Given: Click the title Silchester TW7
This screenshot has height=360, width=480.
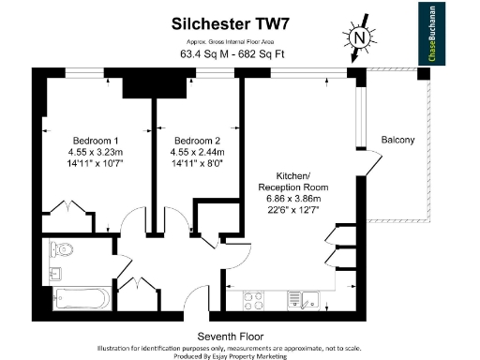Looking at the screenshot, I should [x=228, y=22].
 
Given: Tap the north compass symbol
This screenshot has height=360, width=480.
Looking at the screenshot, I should [x=358, y=38].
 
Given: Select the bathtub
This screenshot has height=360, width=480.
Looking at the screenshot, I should [x=82, y=299].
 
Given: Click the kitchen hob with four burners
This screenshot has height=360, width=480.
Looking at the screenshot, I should [x=254, y=300].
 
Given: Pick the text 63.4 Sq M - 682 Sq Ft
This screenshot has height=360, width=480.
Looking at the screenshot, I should [x=228, y=55].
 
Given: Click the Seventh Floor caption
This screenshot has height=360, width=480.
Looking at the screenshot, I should [x=230, y=336].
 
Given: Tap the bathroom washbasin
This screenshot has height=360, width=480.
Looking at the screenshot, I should [x=53, y=275].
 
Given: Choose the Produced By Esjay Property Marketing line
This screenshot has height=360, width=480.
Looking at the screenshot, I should [x=230, y=355].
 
